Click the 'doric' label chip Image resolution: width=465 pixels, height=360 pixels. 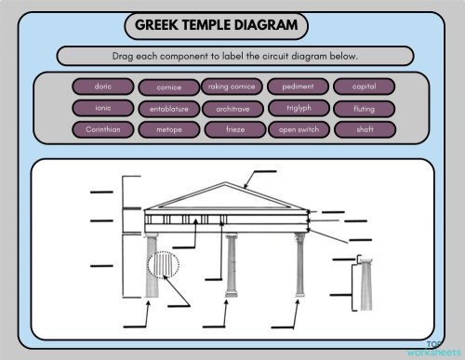coord(103,87)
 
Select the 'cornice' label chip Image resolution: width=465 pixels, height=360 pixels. coord(168,87)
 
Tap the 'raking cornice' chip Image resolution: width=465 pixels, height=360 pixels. coord(232,87)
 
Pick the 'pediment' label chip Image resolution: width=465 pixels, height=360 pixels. coord(298,87)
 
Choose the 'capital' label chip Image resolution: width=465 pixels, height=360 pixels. coord(364,87)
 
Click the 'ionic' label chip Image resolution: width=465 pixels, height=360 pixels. coord(103,108)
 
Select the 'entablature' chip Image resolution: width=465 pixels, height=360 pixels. coord(168,109)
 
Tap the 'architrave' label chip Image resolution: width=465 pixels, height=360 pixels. coord(232,108)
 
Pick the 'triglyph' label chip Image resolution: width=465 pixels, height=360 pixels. coord(298,108)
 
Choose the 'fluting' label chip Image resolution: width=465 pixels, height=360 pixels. coord(364,109)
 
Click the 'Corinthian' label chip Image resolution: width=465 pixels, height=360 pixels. coord(103,129)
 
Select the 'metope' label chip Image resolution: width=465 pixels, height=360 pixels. coord(168,130)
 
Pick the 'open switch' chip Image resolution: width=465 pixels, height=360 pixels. coord(298,130)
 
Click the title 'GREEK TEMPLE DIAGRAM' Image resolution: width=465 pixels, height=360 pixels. coord(215,25)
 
